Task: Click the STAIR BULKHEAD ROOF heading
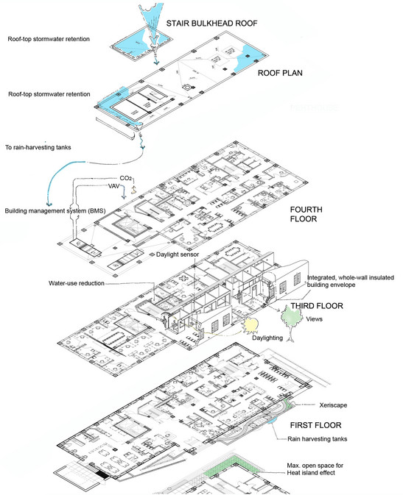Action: point(211,24)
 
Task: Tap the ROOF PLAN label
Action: point(280,73)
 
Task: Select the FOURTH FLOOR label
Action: point(306,214)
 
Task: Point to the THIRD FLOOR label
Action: point(317,305)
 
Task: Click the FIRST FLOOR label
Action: point(315,425)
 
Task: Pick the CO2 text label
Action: point(125,179)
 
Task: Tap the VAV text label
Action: point(114,186)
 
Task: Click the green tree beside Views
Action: point(291,321)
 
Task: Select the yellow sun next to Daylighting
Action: point(250,326)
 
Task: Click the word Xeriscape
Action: point(333,405)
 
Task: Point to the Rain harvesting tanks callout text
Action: point(317,439)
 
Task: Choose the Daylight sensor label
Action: point(178,254)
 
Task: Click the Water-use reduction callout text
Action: point(77,283)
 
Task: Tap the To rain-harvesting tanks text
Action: point(38,147)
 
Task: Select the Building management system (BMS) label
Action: point(55,210)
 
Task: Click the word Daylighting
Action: point(267,338)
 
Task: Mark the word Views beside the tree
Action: point(314,319)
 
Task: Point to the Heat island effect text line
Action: point(311,473)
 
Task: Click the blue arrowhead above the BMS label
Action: point(49,203)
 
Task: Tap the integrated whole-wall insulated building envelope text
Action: point(351,281)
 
